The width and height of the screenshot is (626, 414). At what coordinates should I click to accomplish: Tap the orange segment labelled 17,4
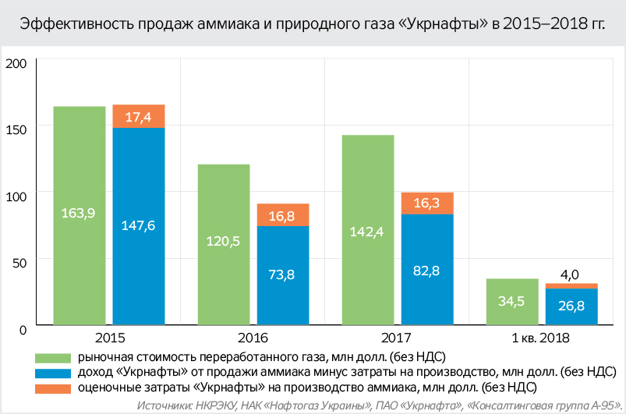click(138, 116)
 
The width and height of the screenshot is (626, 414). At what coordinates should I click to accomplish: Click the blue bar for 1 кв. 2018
click(571, 306)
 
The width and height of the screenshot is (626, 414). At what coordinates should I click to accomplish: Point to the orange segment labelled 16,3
click(427, 203)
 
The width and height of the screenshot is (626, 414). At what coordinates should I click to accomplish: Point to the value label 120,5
click(224, 241)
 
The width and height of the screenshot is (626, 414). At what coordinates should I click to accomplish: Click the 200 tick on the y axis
click(16, 64)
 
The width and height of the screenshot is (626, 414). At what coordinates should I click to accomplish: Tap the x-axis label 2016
click(253, 338)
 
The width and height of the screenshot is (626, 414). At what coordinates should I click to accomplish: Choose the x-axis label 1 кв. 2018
click(541, 338)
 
